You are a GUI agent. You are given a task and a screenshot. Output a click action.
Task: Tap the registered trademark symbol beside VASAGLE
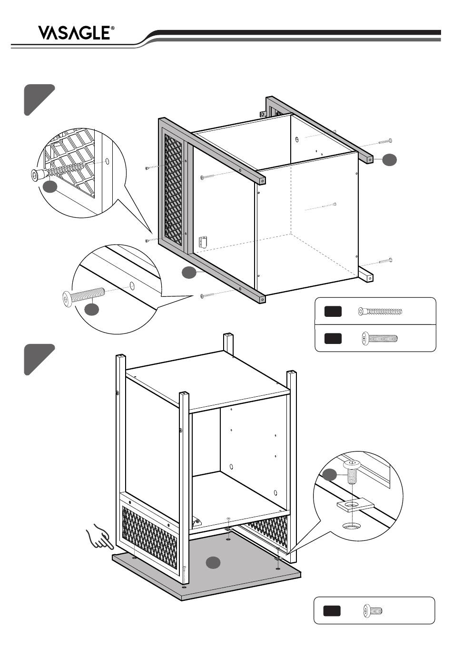[x=112, y=28]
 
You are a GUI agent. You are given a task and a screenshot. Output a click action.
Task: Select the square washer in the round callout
[x=355, y=505]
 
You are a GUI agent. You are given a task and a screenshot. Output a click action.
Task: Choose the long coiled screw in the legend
[x=380, y=312]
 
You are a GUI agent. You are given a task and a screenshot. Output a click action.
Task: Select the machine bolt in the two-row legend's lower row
[x=380, y=338]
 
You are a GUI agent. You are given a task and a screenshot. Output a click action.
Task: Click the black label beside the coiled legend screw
[x=333, y=312]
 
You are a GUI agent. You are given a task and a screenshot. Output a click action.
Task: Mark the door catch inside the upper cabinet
[x=203, y=242]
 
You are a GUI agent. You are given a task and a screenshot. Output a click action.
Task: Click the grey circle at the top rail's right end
[x=389, y=160]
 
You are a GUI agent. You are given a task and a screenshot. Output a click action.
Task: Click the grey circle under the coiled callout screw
[x=50, y=186]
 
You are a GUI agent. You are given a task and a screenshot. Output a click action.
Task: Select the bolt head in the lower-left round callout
[x=67, y=299]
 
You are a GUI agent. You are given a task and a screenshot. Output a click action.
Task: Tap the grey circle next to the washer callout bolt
[x=330, y=475]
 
